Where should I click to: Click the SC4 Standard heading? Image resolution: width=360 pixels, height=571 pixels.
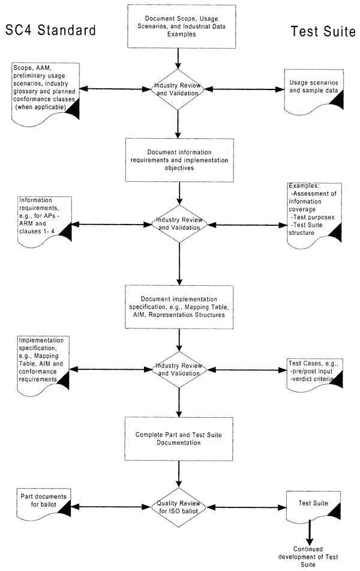50,30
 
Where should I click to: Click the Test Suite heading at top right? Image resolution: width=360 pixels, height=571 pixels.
323,31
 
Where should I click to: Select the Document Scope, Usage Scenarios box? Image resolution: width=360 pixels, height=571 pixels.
181,26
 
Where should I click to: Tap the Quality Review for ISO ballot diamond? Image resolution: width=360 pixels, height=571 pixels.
178,507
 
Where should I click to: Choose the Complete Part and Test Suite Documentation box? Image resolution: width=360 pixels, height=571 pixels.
179,439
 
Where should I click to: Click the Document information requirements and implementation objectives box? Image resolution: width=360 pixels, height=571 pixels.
179,160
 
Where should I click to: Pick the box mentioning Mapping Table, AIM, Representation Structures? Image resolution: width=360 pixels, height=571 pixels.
179,307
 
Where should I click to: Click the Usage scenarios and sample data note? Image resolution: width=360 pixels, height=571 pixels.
313,91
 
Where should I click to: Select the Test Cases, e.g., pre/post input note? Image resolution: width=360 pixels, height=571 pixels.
314,374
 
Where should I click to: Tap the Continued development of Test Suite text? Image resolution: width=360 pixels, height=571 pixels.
308,557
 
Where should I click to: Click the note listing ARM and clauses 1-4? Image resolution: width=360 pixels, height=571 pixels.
45,222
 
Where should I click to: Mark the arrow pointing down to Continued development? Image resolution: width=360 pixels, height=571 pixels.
310,533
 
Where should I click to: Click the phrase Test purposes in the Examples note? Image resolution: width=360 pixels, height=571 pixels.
313,217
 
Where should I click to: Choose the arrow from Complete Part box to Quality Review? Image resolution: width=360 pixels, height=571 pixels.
179,474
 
